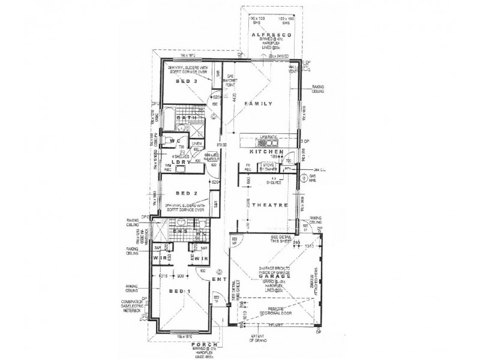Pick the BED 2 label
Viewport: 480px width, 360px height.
pyautogui.click(x=187, y=193)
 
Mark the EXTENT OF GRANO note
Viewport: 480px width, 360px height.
pyautogui.click(x=261, y=341)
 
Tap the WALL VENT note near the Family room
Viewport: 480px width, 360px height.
pyautogui.click(x=309, y=69)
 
